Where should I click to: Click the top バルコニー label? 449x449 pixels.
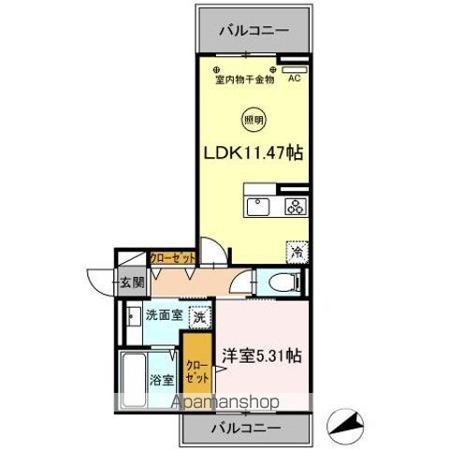pos(253,31)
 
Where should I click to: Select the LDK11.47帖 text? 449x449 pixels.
pos(253,150)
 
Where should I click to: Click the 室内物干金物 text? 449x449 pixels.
pos(245,80)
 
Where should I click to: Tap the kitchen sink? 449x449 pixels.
pos(257,207)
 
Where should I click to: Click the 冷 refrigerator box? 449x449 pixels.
pos(297,252)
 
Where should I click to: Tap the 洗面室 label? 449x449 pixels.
pos(163,316)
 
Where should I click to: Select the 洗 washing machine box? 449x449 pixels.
pos(200,316)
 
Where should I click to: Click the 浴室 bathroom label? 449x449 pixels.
pos(163,380)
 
